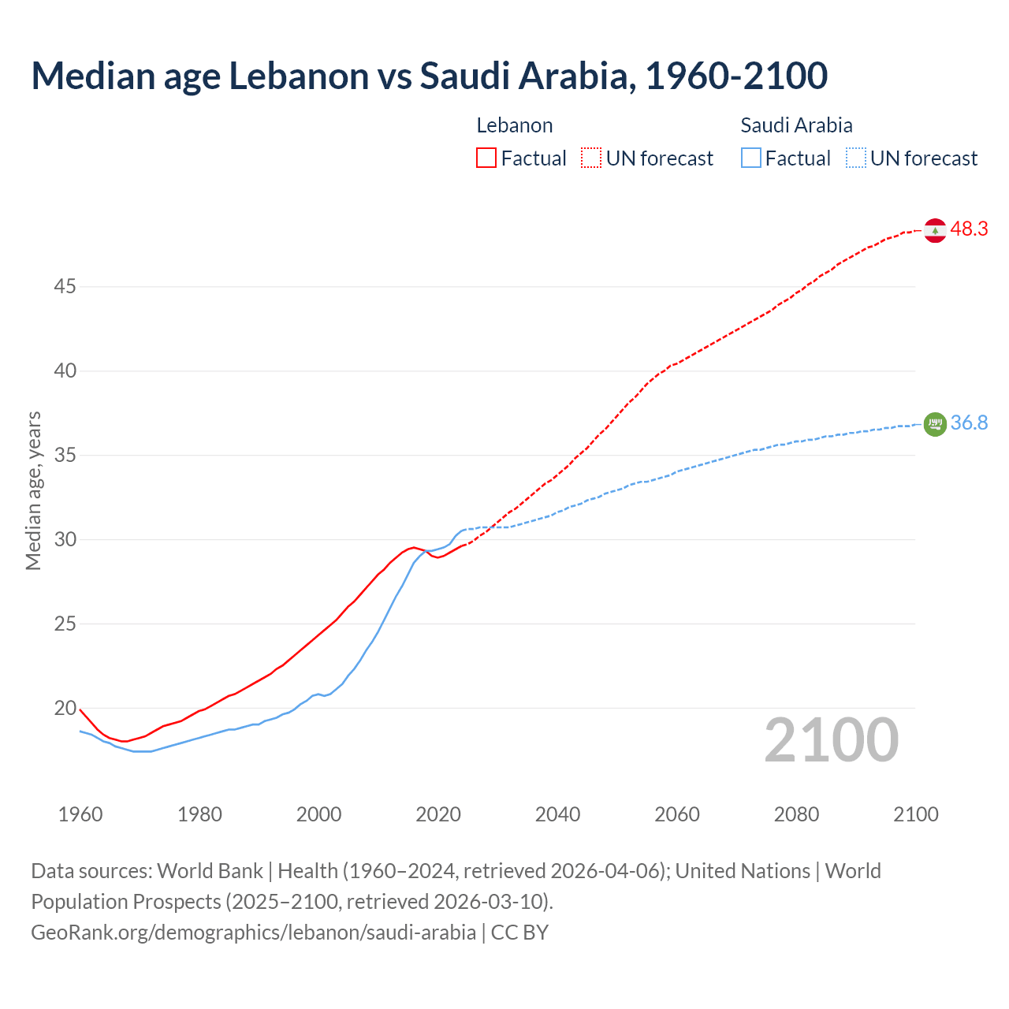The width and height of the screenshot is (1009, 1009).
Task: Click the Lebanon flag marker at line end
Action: (935, 230)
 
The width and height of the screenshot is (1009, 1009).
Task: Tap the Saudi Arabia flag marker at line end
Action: (935, 424)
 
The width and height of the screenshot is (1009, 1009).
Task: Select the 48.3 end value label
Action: (969, 229)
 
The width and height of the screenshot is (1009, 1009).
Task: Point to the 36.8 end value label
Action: (969, 423)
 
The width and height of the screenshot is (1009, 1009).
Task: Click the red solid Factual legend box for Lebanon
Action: (486, 158)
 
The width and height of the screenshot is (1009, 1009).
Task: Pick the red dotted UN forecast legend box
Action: (591, 158)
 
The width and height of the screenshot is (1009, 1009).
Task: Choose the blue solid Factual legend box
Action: (751, 158)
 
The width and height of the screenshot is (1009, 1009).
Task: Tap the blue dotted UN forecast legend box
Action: (856, 158)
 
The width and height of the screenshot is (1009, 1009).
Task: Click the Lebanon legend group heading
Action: (515, 125)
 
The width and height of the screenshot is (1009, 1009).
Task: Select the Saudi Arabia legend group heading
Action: (796, 125)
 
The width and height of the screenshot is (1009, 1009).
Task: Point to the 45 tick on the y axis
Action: (65, 287)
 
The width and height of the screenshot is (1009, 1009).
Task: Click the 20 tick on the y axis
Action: (65, 709)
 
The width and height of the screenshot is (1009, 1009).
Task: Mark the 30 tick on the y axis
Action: (65, 540)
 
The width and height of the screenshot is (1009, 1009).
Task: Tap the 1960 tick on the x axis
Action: (80, 814)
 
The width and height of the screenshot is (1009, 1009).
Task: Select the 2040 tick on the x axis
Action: (557, 814)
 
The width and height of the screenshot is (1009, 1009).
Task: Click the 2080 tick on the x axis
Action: (796, 814)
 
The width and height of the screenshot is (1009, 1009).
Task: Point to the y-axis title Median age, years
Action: (33, 490)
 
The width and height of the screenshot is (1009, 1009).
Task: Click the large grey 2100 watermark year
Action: (832, 740)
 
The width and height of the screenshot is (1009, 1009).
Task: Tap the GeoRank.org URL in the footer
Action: (253, 933)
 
